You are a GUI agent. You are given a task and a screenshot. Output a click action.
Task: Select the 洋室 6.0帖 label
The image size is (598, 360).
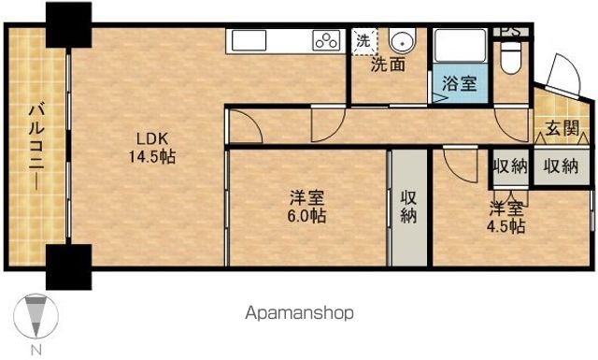(306, 207)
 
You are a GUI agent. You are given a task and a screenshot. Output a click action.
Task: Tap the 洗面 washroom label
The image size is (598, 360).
(387, 65)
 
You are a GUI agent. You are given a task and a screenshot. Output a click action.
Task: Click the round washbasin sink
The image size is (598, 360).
(403, 42)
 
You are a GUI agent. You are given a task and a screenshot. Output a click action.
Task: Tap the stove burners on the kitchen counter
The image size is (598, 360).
(327, 41)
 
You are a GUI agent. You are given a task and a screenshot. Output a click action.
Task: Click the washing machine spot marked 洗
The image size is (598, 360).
(363, 41)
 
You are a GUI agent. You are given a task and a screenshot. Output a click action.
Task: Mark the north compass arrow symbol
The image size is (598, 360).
(36, 316)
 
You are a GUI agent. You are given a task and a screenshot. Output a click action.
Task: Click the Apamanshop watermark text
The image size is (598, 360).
(301, 313)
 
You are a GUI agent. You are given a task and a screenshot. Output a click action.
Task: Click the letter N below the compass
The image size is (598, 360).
(36, 350)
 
